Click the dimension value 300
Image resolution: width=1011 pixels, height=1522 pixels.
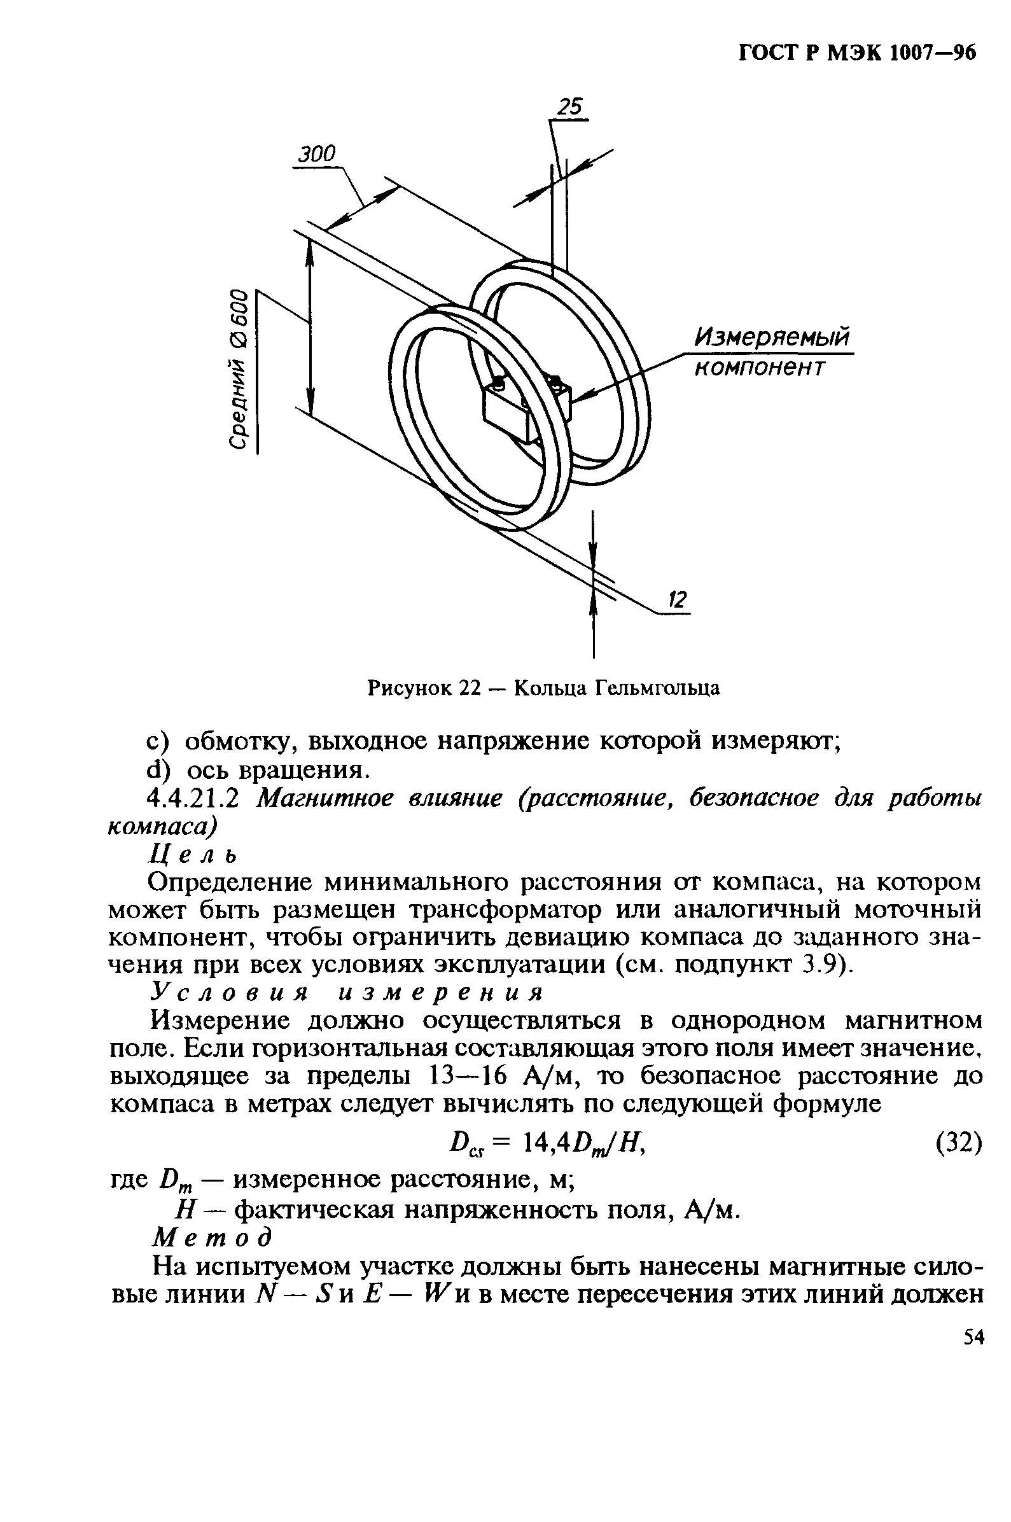[x=317, y=154]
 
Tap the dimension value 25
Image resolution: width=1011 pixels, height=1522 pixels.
[x=569, y=107]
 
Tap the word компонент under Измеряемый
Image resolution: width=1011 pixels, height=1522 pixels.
[x=759, y=367]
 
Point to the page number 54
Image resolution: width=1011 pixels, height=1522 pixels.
[x=973, y=1338]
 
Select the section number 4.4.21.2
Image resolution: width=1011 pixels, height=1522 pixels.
[x=194, y=799]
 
